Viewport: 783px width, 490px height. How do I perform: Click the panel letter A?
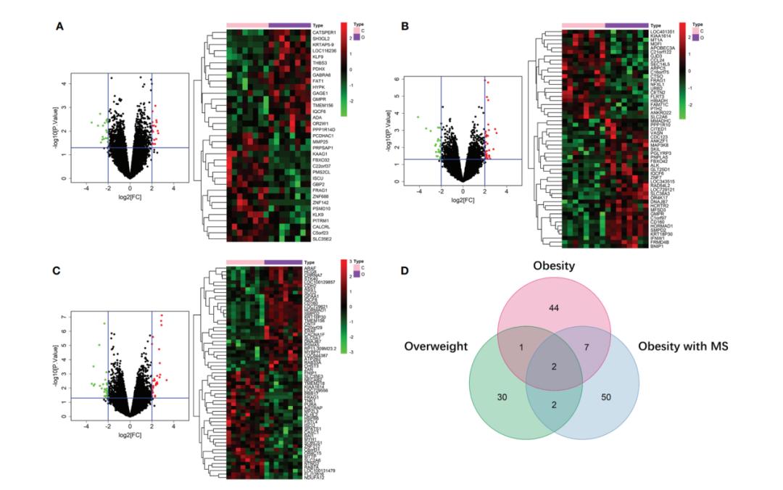[61, 26]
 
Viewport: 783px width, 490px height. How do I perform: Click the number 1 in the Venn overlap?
[521, 347]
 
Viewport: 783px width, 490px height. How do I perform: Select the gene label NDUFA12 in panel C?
[315, 476]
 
